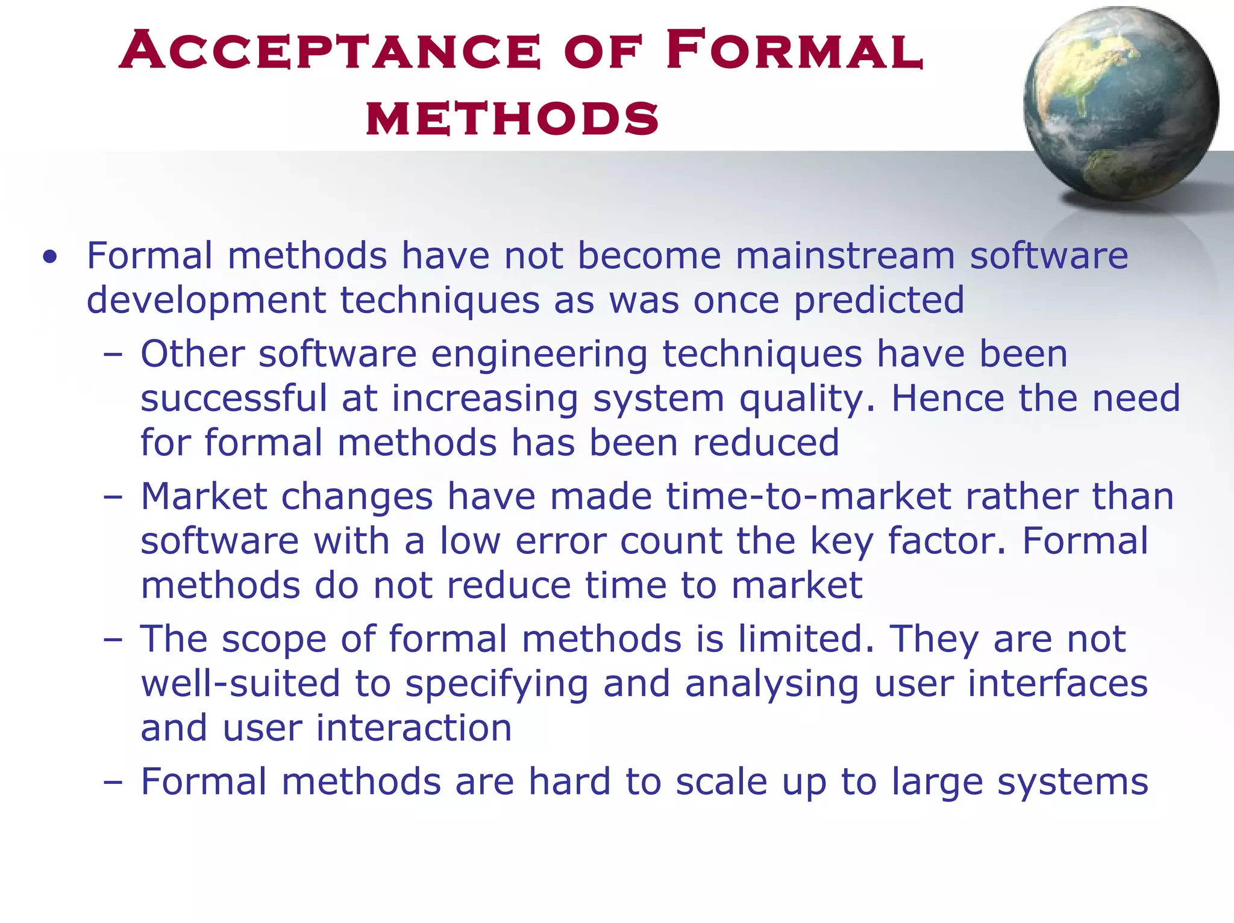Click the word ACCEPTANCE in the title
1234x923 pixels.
click(330, 51)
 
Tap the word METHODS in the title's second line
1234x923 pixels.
click(512, 118)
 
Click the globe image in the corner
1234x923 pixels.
click(1120, 104)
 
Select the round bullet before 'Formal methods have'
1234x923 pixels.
click(50, 257)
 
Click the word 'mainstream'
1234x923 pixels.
click(845, 255)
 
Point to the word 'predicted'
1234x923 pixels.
click(879, 300)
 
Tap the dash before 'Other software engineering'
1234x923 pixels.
click(113, 354)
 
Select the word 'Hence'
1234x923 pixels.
click(948, 399)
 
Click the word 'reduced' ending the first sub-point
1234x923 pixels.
click(766, 443)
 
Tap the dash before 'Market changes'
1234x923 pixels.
click(113, 497)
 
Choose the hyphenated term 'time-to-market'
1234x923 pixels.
click(809, 497)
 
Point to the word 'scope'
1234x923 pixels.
click(274, 639)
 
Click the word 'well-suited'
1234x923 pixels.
click(240, 684)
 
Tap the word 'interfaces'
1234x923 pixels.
click(1057, 684)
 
